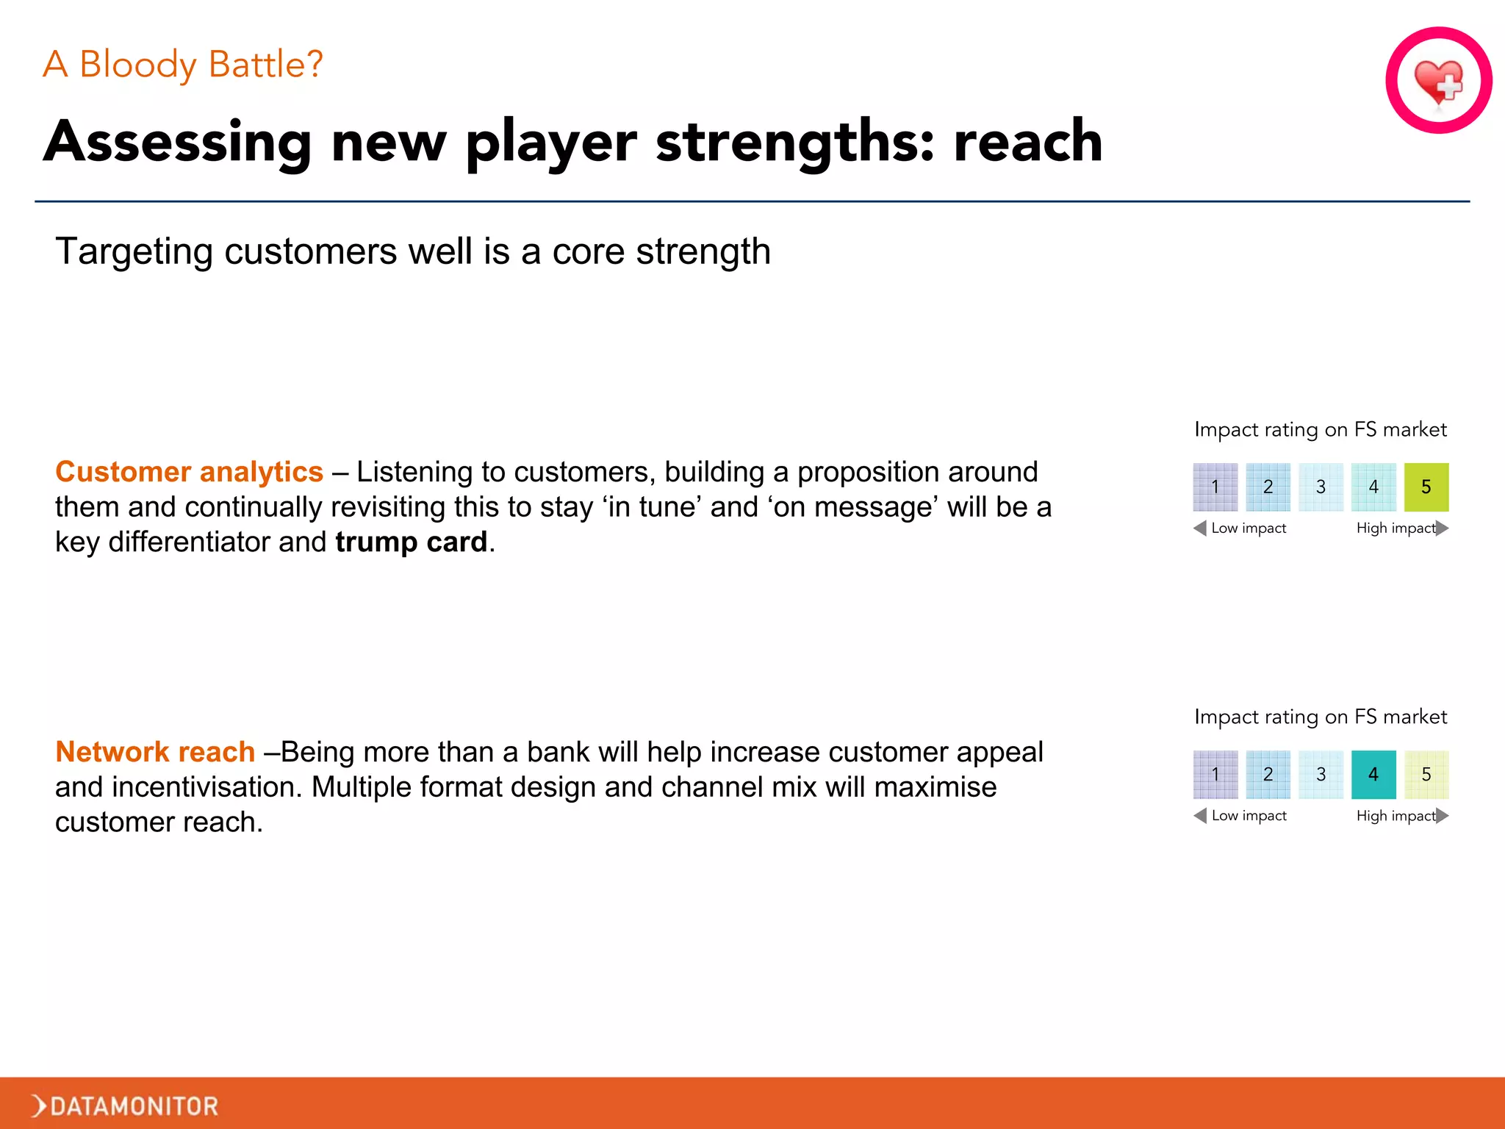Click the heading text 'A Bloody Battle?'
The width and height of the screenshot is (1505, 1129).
click(x=183, y=65)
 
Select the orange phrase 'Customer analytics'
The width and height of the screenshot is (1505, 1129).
click(x=189, y=472)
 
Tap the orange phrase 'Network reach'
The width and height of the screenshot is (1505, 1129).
click(x=155, y=752)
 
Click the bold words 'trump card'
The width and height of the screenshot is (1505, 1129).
click(x=411, y=542)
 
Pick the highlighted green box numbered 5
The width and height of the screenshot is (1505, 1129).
click(x=1426, y=487)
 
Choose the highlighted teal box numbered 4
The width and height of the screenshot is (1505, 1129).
click(x=1373, y=774)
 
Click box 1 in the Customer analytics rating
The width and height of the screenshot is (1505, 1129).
click(x=1215, y=487)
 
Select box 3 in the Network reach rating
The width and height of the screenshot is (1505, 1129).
click(x=1321, y=774)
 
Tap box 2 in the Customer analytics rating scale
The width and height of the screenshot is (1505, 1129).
click(x=1268, y=487)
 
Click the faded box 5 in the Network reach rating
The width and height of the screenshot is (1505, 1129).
click(x=1426, y=774)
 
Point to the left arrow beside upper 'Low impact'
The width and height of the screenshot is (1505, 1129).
click(x=1200, y=528)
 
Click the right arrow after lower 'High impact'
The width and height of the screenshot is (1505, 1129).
click(x=1442, y=815)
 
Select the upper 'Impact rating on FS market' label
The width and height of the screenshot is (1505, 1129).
click(x=1320, y=429)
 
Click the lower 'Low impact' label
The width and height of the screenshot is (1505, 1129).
click(x=1249, y=815)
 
